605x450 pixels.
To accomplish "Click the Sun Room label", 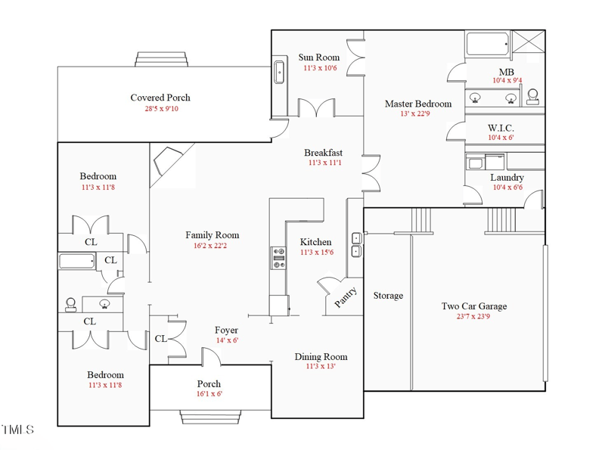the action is (x=318, y=57).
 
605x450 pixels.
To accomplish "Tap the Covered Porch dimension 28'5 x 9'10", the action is (x=162, y=108).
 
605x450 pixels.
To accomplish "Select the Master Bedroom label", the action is (x=418, y=104).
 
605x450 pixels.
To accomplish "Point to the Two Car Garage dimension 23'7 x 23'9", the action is (x=473, y=316).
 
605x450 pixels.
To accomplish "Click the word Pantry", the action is (x=346, y=297).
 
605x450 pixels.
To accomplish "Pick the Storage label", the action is (x=388, y=296).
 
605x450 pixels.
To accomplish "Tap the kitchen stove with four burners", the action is (x=278, y=258).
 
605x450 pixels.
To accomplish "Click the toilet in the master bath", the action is (x=533, y=97).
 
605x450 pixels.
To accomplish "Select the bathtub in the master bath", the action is (x=487, y=45).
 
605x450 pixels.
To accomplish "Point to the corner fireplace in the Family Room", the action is (x=168, y=161).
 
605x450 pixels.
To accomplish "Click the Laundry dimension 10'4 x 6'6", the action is (x=507, y=188).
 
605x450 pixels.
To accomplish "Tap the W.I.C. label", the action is (x=501, y=128).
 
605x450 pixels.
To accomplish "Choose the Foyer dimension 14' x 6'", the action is (x=228, y=340).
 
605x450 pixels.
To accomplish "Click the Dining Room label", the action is (x=321, y=357).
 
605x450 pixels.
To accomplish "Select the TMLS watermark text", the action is (x=17, y=430).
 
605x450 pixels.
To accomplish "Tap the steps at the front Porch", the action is (x=210, y=417).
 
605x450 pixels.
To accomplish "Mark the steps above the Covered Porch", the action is (x=161, y=60).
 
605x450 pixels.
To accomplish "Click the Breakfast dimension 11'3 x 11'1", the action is (x=325, y=163).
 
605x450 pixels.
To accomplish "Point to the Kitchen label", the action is (x=315, y=242).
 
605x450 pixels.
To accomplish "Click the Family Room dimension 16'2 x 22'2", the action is (x=210, y=246).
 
